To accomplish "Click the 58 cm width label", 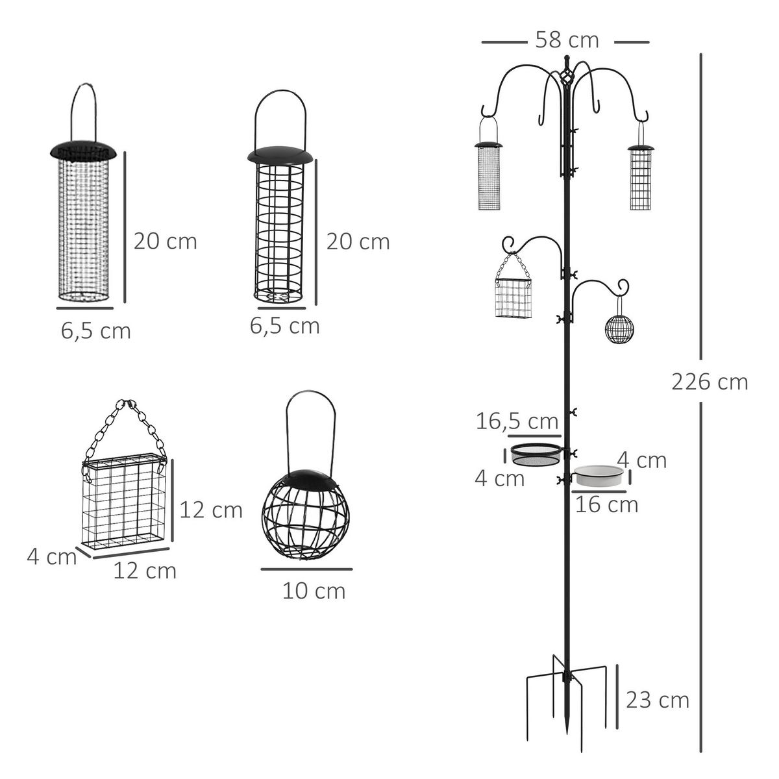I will click(566, 40).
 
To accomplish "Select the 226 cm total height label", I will click(710, 382).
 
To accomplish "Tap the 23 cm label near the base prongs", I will click(657, 700).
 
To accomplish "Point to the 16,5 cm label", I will click(517, 421).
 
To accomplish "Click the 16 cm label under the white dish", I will click(606, 504).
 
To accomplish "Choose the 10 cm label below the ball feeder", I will click(314, 591).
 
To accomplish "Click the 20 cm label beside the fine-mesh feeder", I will click(165, 241).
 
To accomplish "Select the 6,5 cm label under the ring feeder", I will click(284, 326).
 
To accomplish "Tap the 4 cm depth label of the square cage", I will click(51, 556).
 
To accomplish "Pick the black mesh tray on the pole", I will click(536, 455).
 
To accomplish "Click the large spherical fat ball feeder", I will click(305, 516).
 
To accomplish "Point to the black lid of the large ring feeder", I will click(280, 156).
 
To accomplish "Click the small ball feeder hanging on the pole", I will click(619, 329).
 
